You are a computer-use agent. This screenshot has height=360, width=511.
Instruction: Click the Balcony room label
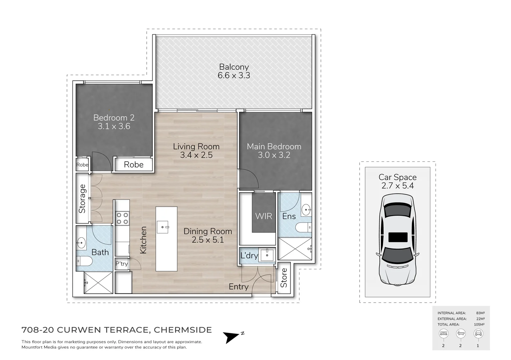(x=234, y=67)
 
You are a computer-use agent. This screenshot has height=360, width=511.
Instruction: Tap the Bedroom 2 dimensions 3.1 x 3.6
(x=114, y=126)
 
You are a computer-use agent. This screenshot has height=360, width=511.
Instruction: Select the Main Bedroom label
(x=274, y=146)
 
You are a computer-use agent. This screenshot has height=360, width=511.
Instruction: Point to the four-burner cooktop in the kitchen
(x=122, y=218)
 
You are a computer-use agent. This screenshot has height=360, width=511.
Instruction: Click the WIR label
(x=264, y=216)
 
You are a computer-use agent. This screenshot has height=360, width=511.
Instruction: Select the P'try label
(x=121, y=264)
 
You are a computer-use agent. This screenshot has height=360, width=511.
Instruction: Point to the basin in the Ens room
(x=306, y=210)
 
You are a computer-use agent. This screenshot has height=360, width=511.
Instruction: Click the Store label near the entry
(x=284, y=278)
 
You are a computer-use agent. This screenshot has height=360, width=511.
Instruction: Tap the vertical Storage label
(x=82, y=199)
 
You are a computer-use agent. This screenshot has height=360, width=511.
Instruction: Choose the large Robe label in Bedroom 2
(x=133, y=164)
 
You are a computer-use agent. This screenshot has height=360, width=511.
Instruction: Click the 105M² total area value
(x=480, y=324)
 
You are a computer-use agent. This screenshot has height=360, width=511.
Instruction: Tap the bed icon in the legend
(x=443, y=333)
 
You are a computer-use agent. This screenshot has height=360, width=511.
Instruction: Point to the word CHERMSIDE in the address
(x=183, y=330)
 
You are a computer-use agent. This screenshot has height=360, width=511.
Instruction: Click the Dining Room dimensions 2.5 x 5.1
(x=207, y=240)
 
